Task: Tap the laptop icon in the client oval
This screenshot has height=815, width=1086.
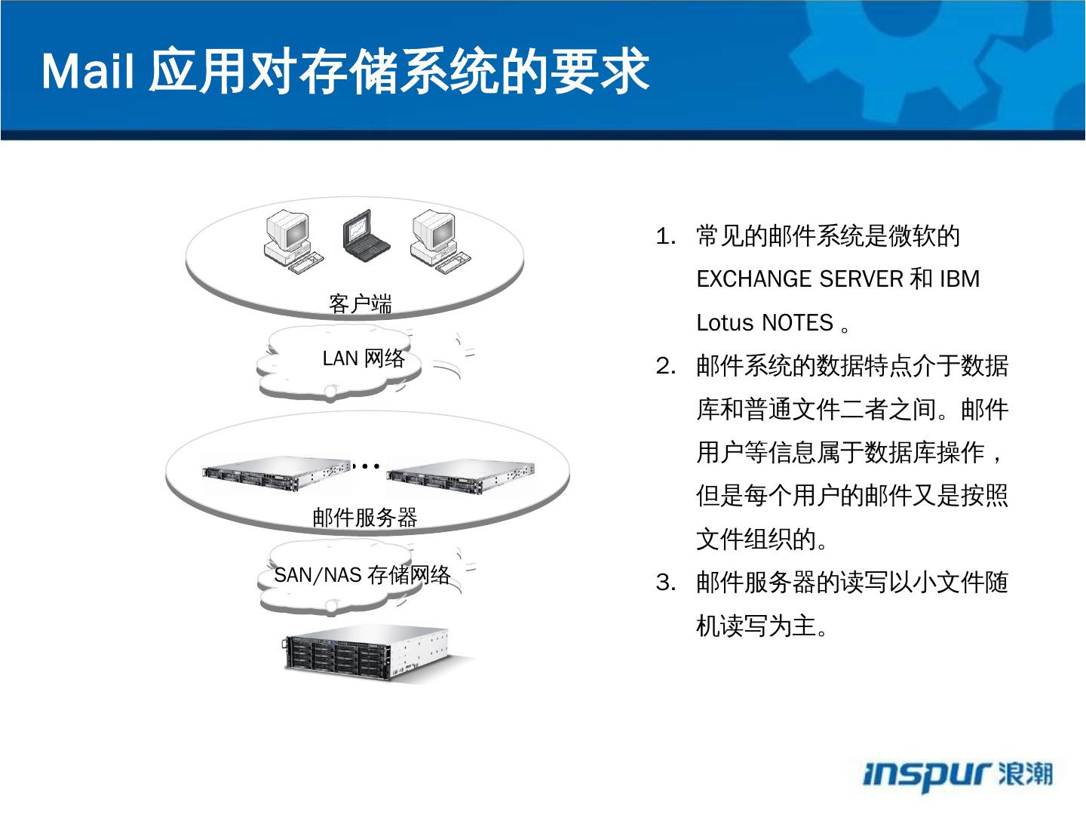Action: [x=366, y=235]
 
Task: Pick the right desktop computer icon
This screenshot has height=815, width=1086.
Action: [x=439, y=240]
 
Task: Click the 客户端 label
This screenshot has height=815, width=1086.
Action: [x=360, y=304]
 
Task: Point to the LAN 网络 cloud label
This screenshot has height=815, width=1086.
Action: [x=364, y=358]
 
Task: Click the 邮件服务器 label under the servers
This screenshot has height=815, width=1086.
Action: [x=365, y=518]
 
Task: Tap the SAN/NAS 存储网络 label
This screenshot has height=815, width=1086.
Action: [x=362, y=575]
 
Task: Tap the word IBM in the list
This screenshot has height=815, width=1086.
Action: [x=959, y=280]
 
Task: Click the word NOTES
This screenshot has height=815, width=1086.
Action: [x=796, y=323]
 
